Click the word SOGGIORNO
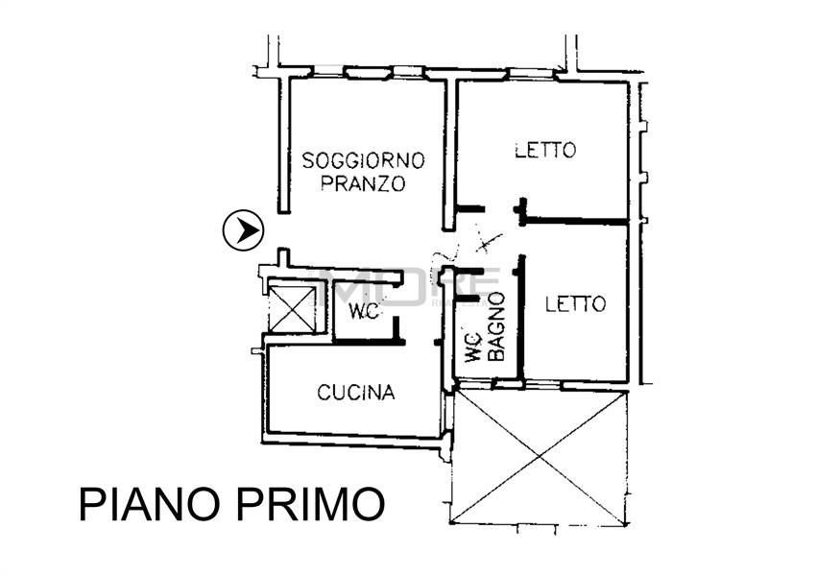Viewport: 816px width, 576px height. pyautogui.click(x=363, y=160)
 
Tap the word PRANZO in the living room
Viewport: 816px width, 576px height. pyautogui.click(x=363, y=184)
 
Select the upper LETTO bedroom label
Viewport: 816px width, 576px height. pyautogui.click(x=544, y=150)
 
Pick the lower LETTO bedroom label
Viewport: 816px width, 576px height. pyautogui.click(x=575, y=304)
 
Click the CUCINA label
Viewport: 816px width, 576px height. pyautogui.click(x=356, y=392)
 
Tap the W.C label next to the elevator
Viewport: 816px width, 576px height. pyautogui.click(x=362, y=312)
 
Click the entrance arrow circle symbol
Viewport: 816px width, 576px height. pyautogui.click(x=243, y=230)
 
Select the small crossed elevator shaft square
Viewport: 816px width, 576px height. pyautogui.click(x=293, y=308)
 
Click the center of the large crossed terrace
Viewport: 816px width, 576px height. pyautogui.click(x=539, y=456)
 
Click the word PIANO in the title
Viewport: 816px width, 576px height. pyautogui.click(x=154, y=505)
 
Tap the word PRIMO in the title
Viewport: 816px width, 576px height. pyautogui.click(x=312, y=505)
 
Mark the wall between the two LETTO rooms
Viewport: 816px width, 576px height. pyautogui.click(x=576, y=222)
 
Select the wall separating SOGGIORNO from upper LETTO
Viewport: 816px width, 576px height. pyautogui.click(x=448, y=154)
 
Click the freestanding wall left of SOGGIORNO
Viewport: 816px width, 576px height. pyautogui.click(x=284, y=144)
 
